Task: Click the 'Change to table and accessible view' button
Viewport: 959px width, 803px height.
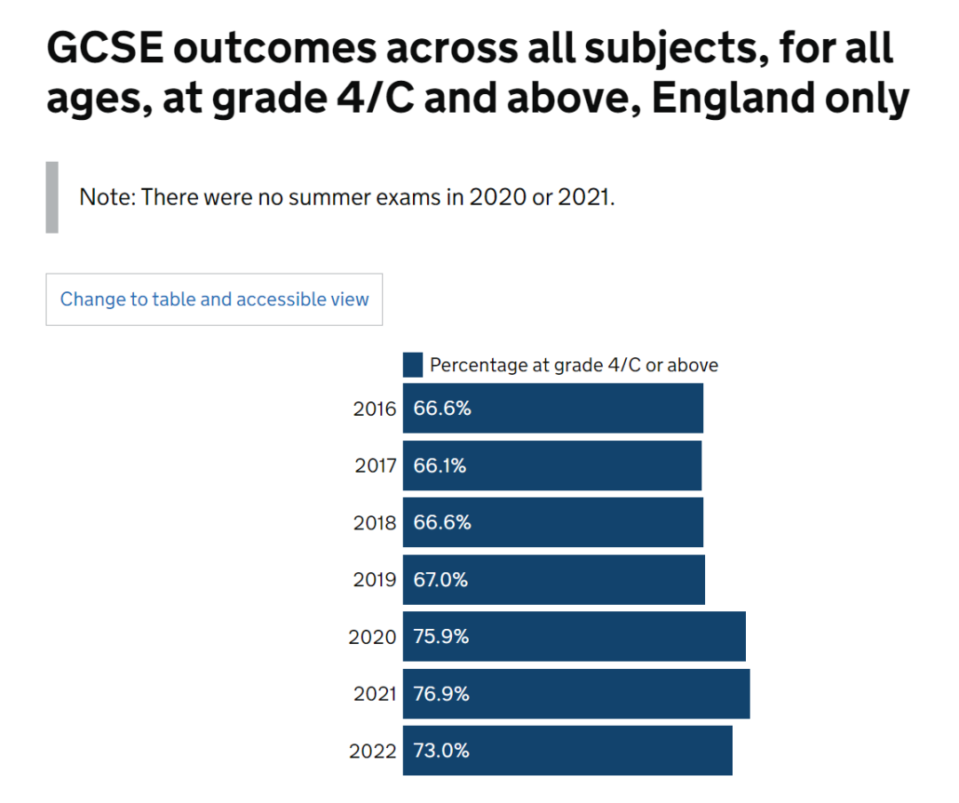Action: point(214,299)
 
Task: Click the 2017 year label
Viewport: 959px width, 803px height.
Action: point(374,465)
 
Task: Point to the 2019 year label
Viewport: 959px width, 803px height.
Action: point(374,580)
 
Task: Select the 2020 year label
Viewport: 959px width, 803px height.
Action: point(372,637)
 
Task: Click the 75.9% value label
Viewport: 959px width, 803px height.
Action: point(441,637)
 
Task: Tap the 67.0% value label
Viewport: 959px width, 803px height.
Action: point(440,580)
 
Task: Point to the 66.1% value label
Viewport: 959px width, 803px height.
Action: point(440,465)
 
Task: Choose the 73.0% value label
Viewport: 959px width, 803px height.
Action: point(441,751)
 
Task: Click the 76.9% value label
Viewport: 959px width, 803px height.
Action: point(441,694)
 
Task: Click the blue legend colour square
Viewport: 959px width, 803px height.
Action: point(413,365)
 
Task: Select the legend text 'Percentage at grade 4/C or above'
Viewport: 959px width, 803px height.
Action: point(574,365)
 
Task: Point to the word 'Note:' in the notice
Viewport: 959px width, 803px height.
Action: point(107,197)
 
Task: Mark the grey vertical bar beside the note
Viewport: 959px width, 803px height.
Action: point(52,197)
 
